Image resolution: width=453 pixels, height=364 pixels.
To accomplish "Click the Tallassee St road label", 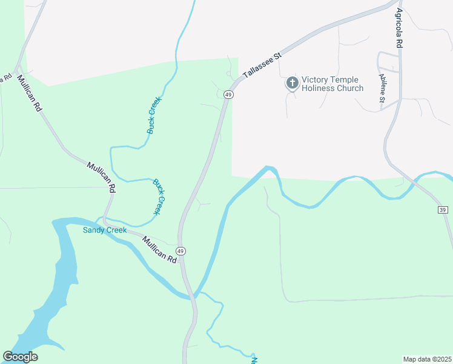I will click(x=263, y=65).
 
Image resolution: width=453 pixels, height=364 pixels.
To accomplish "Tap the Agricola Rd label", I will click(x=400, y=29).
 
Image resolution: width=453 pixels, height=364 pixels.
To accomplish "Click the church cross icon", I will click(x=292, y=83).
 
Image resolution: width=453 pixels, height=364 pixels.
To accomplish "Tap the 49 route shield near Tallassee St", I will click(x=228, y=95).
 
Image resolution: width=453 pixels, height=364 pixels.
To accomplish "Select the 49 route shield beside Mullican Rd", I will click(x=180, y=251).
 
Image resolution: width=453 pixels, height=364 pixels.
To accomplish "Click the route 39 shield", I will click(x=443, y=209).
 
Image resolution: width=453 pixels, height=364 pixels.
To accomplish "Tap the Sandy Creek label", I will click(x=105, y=230).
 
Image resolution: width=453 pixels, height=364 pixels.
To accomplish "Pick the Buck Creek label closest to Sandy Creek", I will click(x=160, y=196).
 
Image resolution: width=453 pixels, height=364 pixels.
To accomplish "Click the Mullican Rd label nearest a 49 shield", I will click(x=159, y=249).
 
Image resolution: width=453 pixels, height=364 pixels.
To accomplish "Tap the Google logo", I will click(x=20, y=357).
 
